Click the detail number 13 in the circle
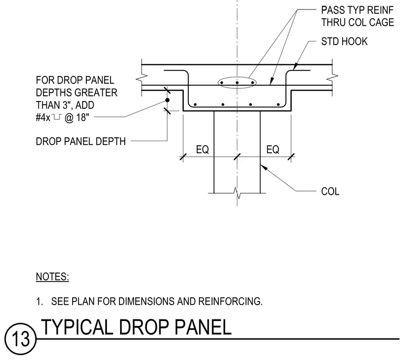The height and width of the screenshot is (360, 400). point(21,338)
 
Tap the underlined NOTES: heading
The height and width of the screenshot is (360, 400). point(52,276)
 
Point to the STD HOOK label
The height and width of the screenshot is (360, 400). point(344,42)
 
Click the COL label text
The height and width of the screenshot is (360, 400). point(330,192)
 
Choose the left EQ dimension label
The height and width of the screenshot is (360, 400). point(202,149)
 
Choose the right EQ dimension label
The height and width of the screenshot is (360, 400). point(273,149)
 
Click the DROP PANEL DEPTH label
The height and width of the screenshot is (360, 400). point(81,142)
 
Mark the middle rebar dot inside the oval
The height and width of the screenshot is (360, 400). point(237,83)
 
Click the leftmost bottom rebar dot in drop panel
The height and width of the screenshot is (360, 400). point(195,104)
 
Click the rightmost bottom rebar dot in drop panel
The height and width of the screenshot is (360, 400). point(278,104)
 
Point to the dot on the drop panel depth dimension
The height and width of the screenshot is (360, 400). point(167,100)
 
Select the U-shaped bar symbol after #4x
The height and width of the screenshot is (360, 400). point(57,117)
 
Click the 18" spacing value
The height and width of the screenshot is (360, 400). point(83,117)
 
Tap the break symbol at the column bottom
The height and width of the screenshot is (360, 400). point(237,193)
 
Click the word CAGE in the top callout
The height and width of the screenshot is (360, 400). point(382,23)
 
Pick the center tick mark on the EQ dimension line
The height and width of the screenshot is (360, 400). point(237,157)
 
